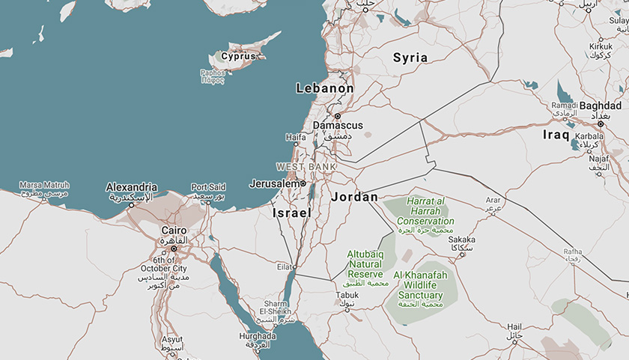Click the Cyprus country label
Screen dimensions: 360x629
pyautogui.click(x=238, y=56)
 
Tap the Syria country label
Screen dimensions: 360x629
pyautogui.click(x=410, y=58)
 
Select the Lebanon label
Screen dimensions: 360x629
pyautogui.click(x=325, y=88)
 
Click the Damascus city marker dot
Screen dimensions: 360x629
pyautogui.click(x=338, y=116)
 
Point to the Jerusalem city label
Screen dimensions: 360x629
pyautogui.click(x=276, y=183)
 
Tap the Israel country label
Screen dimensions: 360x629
pyautogui.click(x=291, y=213)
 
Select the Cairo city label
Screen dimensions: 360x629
pyautogui.click(x=173, y=230)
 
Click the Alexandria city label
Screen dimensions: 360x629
pyautogui.click(x=132, y=187)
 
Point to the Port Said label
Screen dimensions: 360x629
pyautogui.click(x=208, y=187)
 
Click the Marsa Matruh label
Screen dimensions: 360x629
pyautogui.click(x=44, y=185)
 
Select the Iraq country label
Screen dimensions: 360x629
pyautogui.click(x=557, y=135)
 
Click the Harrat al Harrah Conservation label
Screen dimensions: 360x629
pyautogui.click(x=425, y=211)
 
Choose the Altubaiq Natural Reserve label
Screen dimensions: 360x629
pyautogui.click(x=365, y=264)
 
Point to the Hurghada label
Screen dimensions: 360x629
pyautogui.click(x=257, y=336)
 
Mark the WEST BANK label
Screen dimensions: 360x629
pyautogui.click(x=306, y=166)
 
